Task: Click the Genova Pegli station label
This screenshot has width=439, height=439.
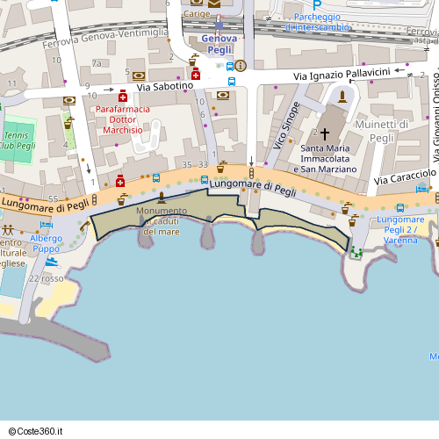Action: [x=219, y=44]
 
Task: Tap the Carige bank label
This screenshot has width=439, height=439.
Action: [x=196, y=14]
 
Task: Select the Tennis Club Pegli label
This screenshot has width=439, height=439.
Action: [x=18, y=139]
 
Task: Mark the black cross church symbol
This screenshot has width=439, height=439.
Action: [x=325, y=133]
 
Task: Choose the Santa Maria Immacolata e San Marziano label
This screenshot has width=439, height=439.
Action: [x=329, y=158]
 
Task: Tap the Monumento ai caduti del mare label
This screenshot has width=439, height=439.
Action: [x=161, y=221]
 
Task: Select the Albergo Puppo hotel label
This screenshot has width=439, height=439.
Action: [x=46, y=243]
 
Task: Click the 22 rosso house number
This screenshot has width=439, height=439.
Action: [x=47, y=279]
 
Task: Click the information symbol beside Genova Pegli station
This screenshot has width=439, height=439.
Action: [x=241, y=65]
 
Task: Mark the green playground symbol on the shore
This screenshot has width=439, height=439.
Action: [x=356, y=253]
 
